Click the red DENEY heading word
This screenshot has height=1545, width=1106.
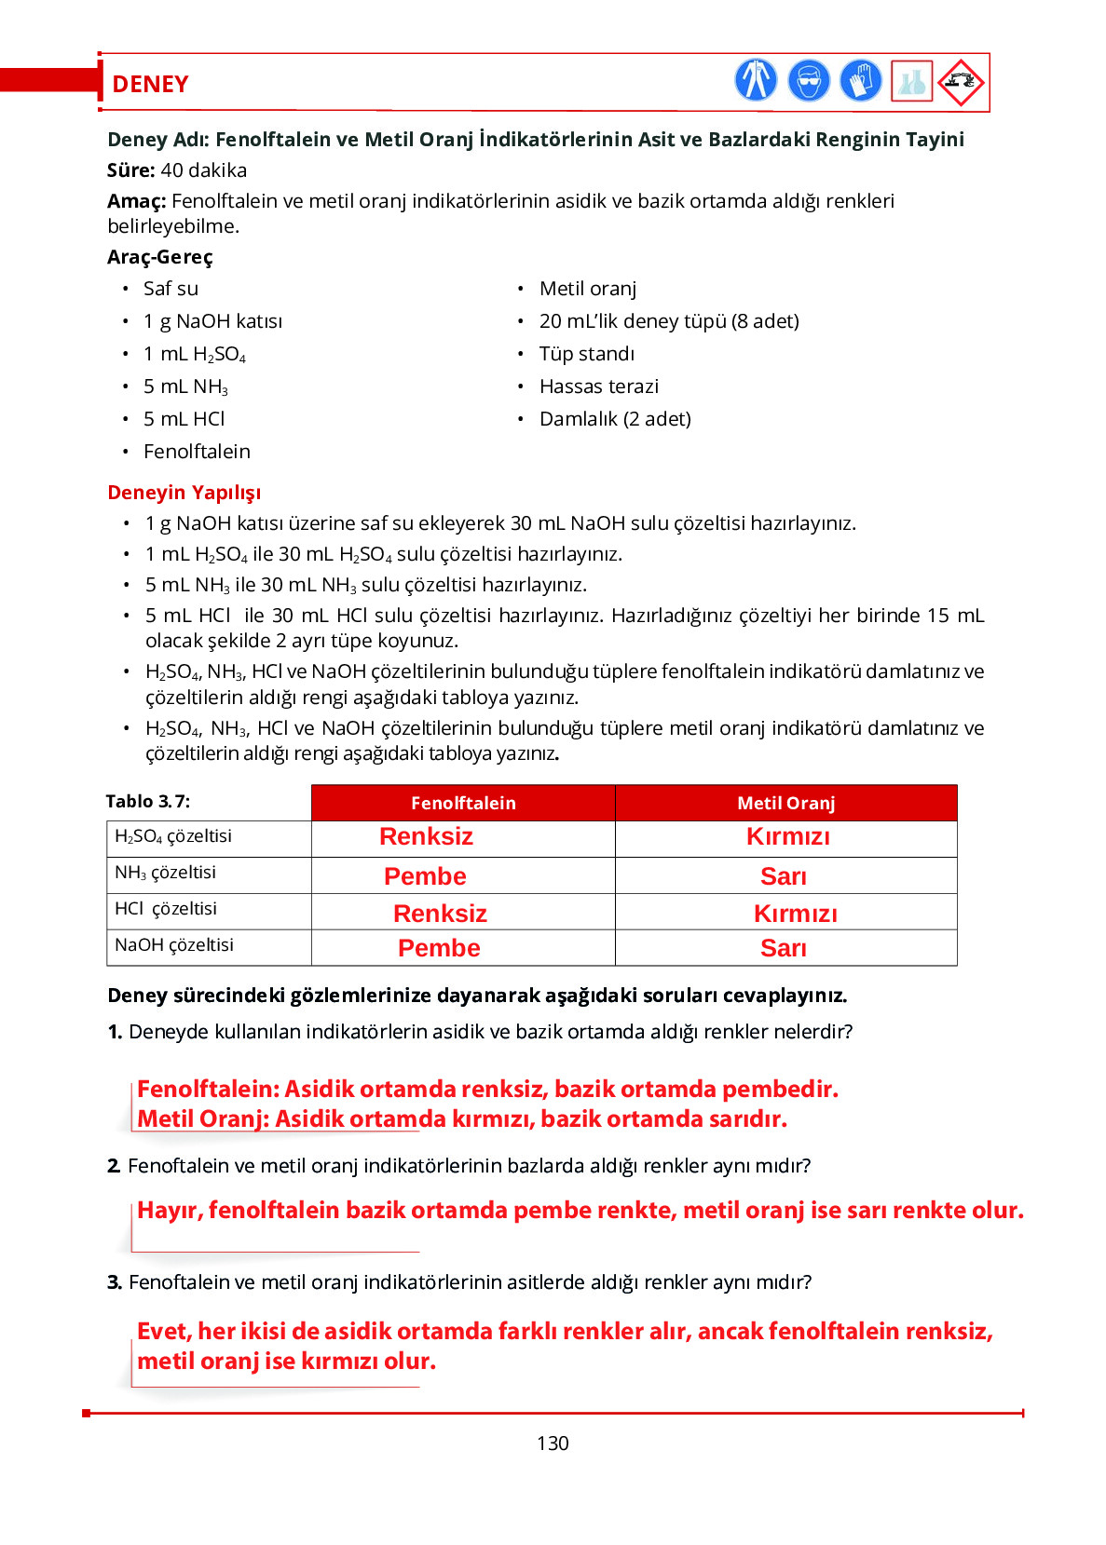pyautogui.click(x=150, y=84)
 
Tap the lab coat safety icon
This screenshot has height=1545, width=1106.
pyautogui.click(x=756, y=80)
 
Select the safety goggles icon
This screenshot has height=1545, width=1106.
pyautogui.click(x=808, y=81)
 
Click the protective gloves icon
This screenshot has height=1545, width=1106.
pyautogui.click(x=860, y=81)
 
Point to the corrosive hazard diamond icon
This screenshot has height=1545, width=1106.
pyautogui.click(x=961, y=82)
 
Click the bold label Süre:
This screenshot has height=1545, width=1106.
pyautogui.click(x=131, y=170)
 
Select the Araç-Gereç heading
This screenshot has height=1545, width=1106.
pyautogui.click(x=160, y=257)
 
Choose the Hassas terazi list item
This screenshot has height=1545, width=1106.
pyautogui.click(x=598, y=386)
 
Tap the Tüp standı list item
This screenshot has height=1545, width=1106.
pyautogui.click(x=586, y=354)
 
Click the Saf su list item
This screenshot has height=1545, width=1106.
pyautogui.click(x=171, y=289)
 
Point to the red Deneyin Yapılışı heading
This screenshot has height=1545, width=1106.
pyautogui.click(x=184, y=493)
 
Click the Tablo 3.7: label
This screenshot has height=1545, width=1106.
pyautogui.click(x=148, y=802)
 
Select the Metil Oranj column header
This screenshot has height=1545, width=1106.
pyautogui.click(x=785, y=803)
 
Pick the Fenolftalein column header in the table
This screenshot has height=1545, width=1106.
pyautogui.click(x=463, y=803)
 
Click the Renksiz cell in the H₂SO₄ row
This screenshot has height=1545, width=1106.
pyautogui.click(x=426, y=836)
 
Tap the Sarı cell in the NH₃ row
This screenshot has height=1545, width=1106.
pyautogui.click(x=784, y=876)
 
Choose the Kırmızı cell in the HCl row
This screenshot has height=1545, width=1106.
pyautogui.click(x=795, y=914)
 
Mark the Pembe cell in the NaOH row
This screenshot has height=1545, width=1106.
pyautogui.click(x=439, y=948)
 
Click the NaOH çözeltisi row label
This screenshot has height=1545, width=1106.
pyautogui.click(x=174, y=945)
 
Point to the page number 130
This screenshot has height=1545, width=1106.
pyautogui.click(x=553, y=1443)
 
